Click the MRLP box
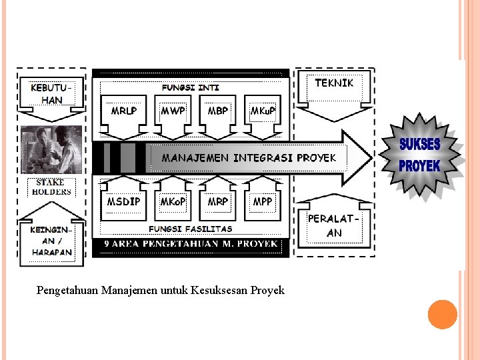click(x=123, y=110)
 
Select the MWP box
click(x=173, y=110)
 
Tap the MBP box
click(x=218, y=110)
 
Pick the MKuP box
click(x=263, y=110)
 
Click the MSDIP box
click(x=123, y=201)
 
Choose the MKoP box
click(x=173, y=201)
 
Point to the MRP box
click(x=218, y=201)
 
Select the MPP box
click(x=263, y=201)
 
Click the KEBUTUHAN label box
click(x=51, y=94)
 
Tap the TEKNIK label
click(x=333, y=83)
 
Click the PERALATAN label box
click(x=334, y=225)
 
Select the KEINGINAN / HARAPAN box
click(x=51, y=241)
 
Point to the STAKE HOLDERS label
click(x=51, y=187)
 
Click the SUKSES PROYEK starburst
click(x=420, y=155)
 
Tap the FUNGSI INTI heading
click(x=191, y=87)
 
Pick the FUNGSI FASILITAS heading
click(x=191, y=229)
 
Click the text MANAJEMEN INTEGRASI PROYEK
click(x=249, y=158)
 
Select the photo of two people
click(x=51, y=150)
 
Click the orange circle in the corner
click(x=442, y=315)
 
